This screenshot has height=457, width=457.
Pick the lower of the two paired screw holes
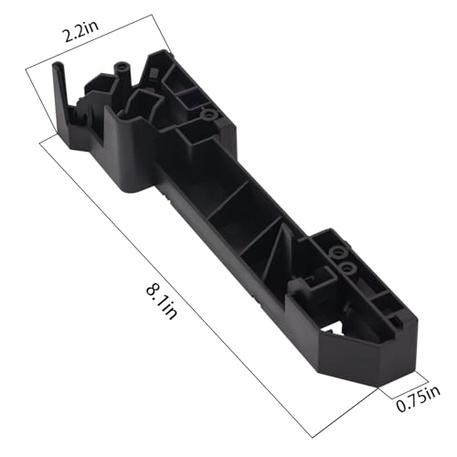pos(348,266)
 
